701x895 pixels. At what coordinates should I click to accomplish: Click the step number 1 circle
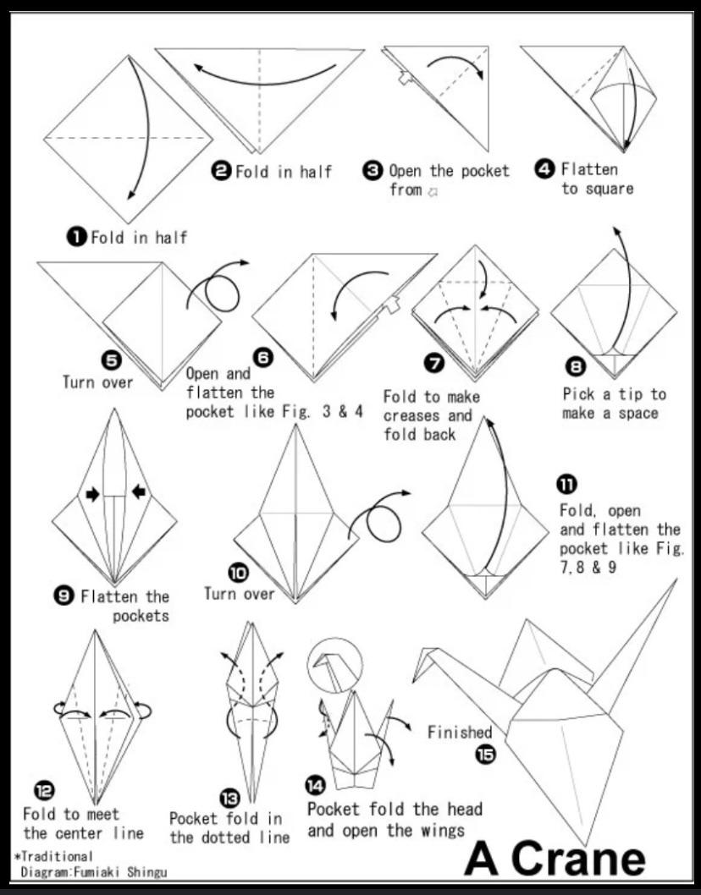point(77,238)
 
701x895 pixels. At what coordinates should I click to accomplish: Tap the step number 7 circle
point(434,364)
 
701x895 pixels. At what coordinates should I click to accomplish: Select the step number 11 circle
point(567,485)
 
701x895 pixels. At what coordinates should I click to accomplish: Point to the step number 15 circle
point(486,755)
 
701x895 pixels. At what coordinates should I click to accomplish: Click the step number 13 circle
point(229,798)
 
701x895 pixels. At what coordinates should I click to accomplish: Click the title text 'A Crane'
point(555,857)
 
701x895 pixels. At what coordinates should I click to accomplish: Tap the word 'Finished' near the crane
point(459,732)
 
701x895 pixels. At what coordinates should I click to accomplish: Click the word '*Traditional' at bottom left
point(53,856)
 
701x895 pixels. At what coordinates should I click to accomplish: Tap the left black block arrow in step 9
point(91,493)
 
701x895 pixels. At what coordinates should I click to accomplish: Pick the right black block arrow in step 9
point(138,491)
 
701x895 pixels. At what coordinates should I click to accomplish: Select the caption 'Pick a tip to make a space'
point(614,404)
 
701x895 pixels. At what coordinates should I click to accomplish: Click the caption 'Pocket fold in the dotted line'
point(229,828)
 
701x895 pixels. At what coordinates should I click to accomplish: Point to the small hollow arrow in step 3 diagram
point(406,79)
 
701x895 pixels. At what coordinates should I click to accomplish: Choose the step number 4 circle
point(544,169)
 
